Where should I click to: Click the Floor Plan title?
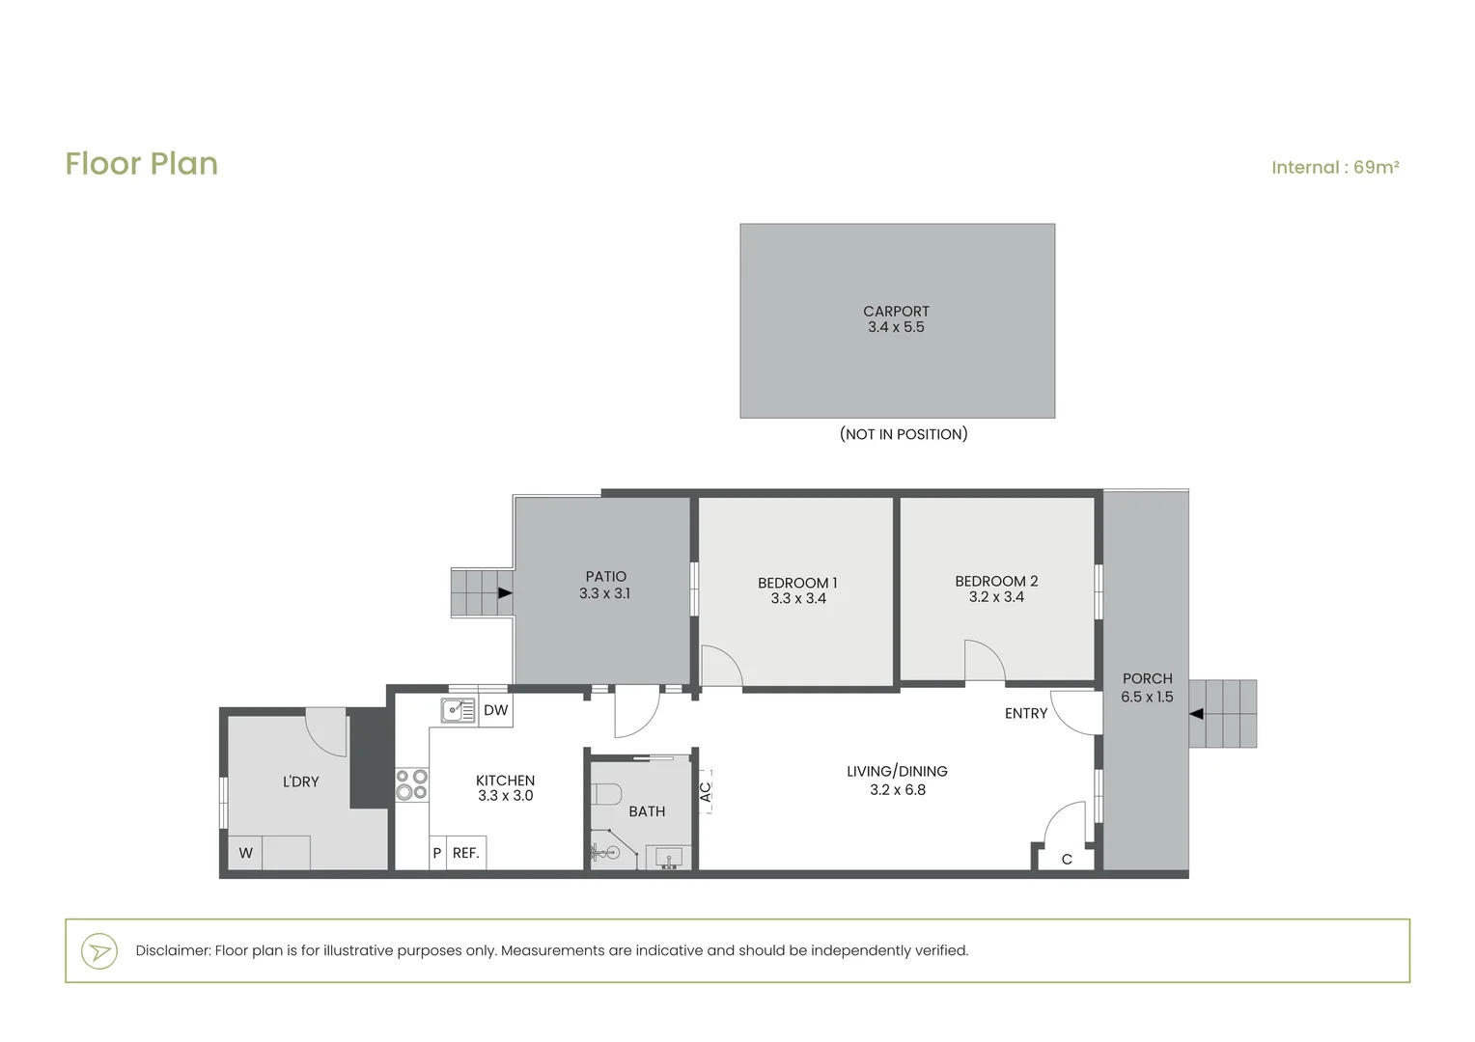(x=142, y=164)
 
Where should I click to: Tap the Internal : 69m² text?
(x=1335, y=167)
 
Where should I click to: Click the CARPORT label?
(x=896, y=312)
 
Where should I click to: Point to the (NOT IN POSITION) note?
(x=904, y=434)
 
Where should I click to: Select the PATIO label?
(x=606, y=577)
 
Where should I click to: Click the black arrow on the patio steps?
(x=505, y=593)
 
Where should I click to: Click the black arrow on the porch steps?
(x=1196, y=714)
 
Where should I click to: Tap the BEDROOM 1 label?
(x=797, y=583)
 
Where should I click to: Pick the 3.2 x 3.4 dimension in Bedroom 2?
(x=996, y=597)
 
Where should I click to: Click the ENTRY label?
(x=1026, y=714)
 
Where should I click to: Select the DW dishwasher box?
(x=496, y=710)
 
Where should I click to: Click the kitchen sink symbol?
(x=459, y=710)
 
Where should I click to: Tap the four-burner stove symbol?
(x=411, y=784)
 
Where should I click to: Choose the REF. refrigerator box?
(x=466, y=853)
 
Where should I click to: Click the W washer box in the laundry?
(x=245, y=853)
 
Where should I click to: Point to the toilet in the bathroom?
(x=606, y=794)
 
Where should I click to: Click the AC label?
(x=706, y=792)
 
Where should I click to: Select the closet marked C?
(x=1067, y=857)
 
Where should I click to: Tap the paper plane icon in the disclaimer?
(x=99, y=951)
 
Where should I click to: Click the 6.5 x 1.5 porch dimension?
(x=1147, y=698)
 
